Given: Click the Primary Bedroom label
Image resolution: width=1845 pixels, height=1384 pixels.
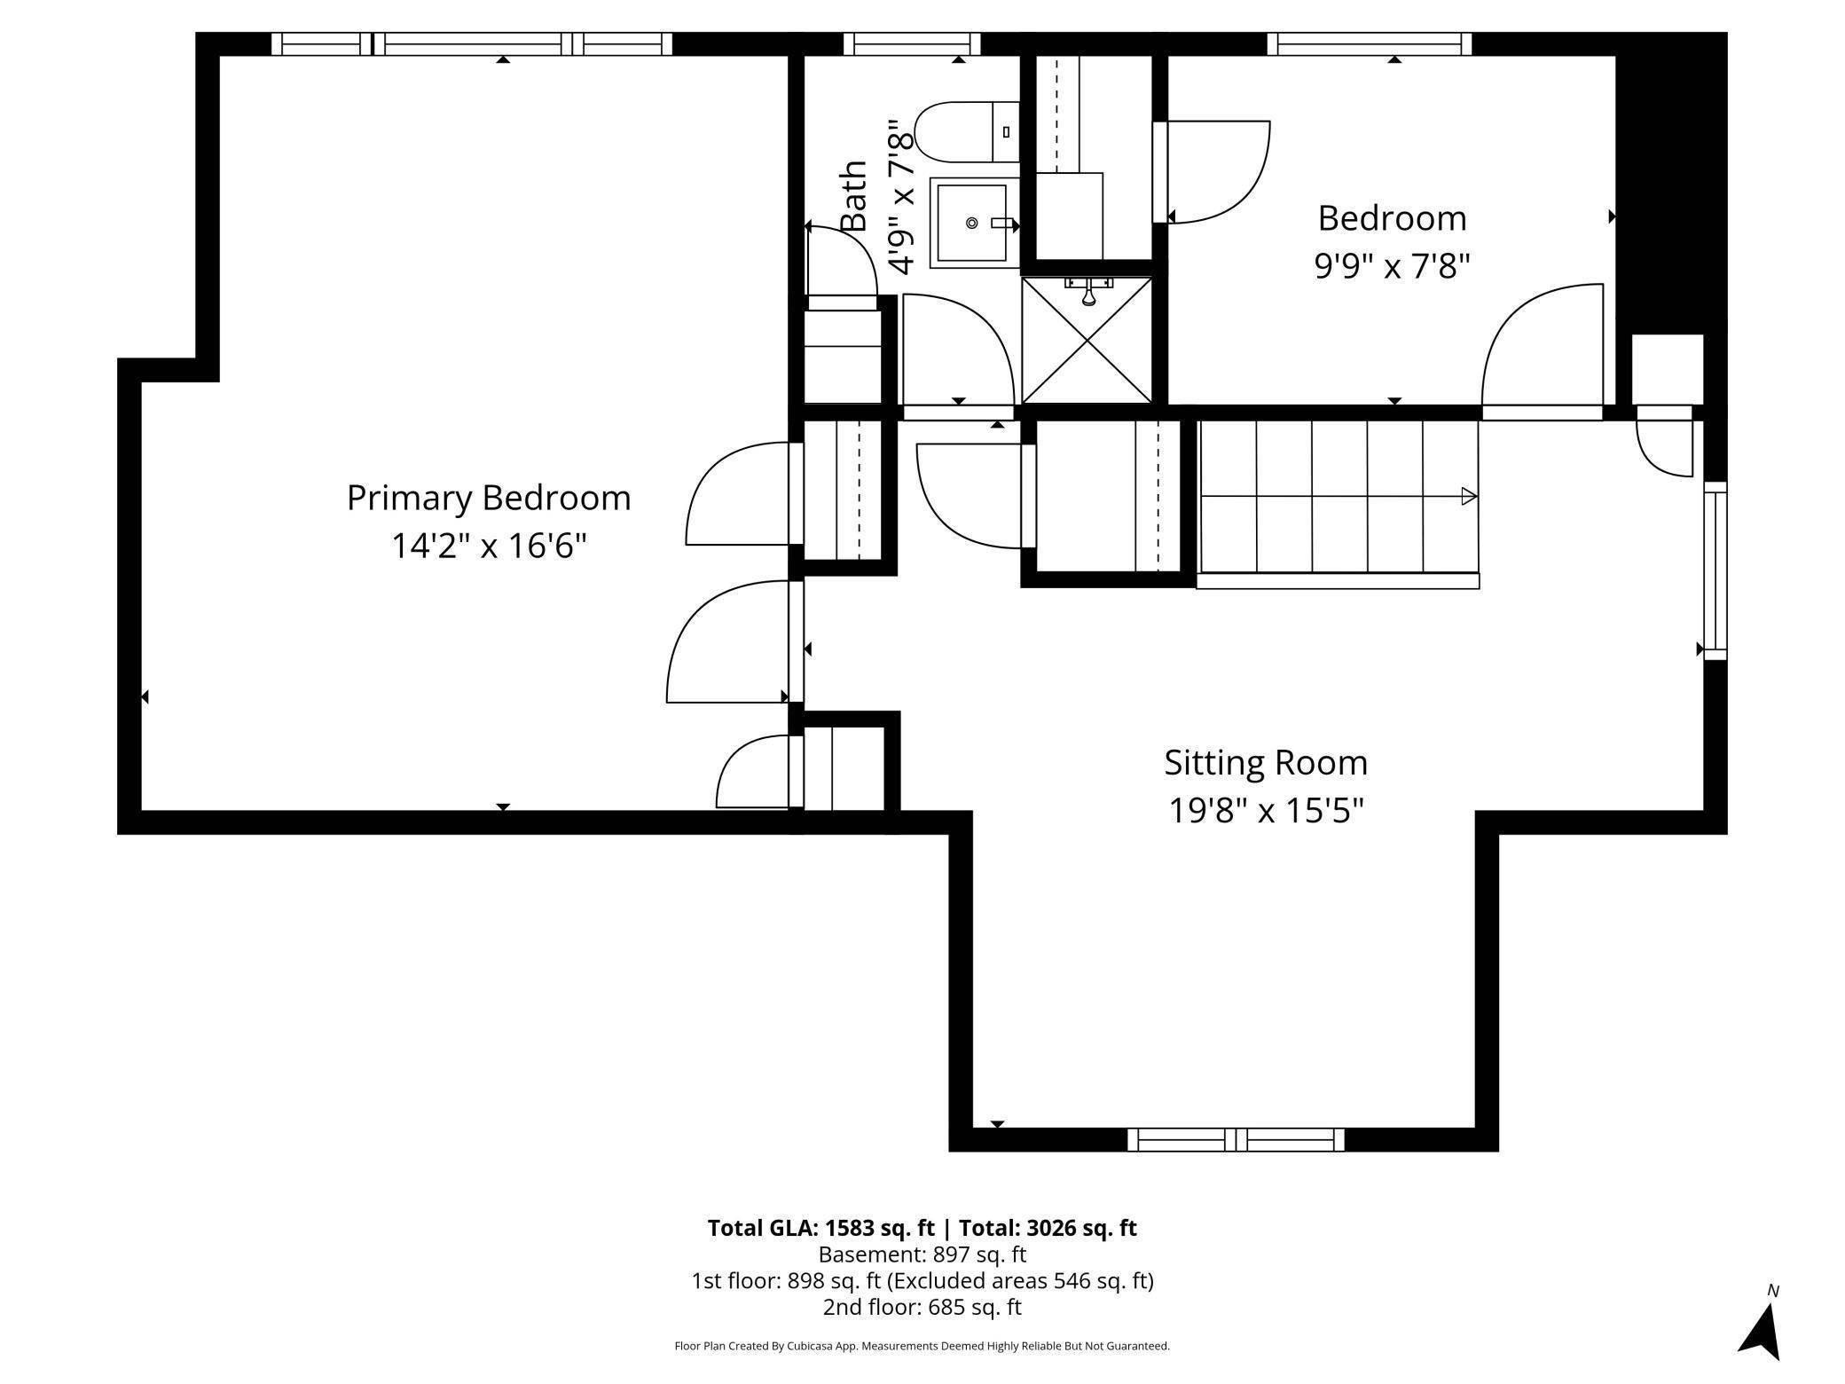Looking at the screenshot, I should (x=488, y=499).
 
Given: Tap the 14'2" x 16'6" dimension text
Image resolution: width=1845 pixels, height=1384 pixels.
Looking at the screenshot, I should (x=489, y=546).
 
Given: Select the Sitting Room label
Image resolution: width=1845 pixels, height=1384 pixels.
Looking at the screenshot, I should (x=1265, y=763).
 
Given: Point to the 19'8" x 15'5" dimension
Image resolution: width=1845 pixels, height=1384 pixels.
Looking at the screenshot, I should (x=1265, y=811).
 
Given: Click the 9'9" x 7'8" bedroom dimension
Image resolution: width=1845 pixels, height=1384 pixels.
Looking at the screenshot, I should (x=1392, y=265).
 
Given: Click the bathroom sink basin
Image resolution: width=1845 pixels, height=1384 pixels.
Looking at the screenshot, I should (x=972, y=223).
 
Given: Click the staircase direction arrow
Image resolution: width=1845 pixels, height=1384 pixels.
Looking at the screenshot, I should (x=1468, y=497).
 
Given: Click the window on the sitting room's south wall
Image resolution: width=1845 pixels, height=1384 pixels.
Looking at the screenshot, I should (x=1235, y=1140).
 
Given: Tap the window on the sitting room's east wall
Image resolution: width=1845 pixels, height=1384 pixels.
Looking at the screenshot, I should (x=1715, y=570).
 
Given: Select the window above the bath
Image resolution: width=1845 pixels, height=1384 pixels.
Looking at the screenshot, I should (x=911, y=43).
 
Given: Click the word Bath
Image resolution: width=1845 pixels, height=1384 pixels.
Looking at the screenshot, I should (x=853, y=196).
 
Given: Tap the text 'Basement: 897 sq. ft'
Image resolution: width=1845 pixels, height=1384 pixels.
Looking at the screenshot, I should (x=922, y=1254).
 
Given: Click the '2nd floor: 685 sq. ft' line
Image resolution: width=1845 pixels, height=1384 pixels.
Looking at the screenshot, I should (x=922, y=1307).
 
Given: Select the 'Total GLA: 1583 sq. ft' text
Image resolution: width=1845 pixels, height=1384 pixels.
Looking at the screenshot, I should (x=820, y=1228).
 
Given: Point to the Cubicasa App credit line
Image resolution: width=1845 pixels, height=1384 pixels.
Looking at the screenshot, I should (x=922, y=1346).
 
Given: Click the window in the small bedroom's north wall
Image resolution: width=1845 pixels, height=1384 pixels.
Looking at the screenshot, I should (x=1369, y=43).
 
